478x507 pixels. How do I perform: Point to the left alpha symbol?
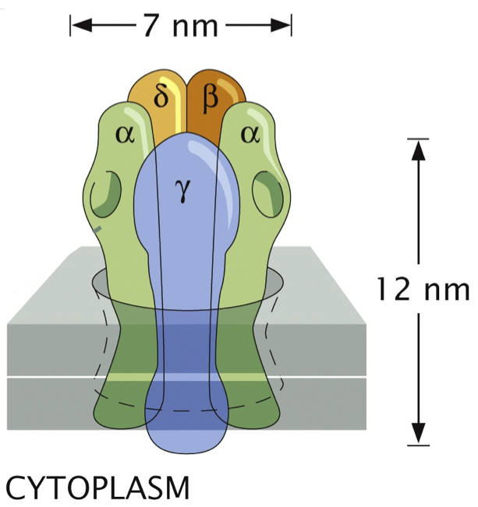125,135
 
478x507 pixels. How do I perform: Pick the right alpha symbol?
250,134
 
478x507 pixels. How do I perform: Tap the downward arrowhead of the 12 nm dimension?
420,433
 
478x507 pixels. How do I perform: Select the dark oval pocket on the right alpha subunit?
268,195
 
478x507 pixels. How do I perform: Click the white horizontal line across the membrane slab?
62,377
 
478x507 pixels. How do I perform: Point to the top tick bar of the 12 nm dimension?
419,139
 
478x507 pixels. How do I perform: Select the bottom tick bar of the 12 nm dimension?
419,445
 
